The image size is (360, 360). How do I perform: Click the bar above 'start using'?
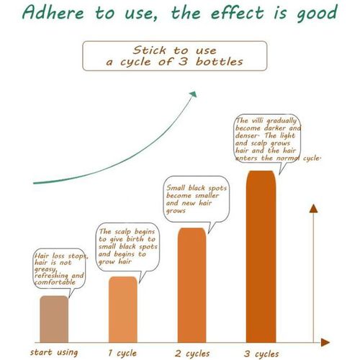[x=54, y=319]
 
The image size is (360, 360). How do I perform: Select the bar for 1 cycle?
[x=123, y=309]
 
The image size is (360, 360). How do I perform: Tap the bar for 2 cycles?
[x=192, y=285]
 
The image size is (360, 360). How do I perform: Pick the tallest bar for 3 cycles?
[x=261, y=256]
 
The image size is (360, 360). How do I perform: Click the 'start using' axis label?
[x=54, y=352]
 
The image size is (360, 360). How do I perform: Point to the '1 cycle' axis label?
[x=122, y=353]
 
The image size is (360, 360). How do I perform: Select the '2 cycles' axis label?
[x=192, y=354]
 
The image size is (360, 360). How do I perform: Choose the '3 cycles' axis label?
[x=261, y=354]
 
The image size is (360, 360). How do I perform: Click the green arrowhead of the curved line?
[x=194, y=94]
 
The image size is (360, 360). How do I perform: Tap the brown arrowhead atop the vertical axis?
[x=313, y=209]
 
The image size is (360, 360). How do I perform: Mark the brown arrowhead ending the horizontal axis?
[x=325, y=342]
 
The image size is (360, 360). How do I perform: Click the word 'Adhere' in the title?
[x=53, y=12]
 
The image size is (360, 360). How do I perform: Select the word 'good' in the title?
[x=318, y=14]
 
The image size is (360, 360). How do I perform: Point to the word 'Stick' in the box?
[x=149, y=50]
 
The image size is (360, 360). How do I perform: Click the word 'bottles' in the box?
[x=219, y=62]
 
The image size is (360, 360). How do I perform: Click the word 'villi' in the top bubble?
[x=258, y=120]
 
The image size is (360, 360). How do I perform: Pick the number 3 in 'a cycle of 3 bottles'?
[x=183, y=62]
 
